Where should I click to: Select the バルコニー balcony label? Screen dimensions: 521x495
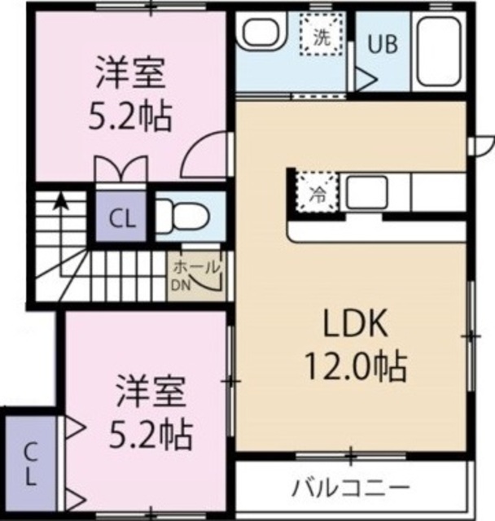(350, 488)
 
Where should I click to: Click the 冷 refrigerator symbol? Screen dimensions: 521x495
(313, 194)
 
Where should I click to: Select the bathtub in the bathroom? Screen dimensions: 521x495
(440, 50)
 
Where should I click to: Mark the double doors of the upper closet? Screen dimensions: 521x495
(120, 170)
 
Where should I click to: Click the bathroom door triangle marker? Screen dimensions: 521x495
(363, 80)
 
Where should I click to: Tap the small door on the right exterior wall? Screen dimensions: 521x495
(482, 144)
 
